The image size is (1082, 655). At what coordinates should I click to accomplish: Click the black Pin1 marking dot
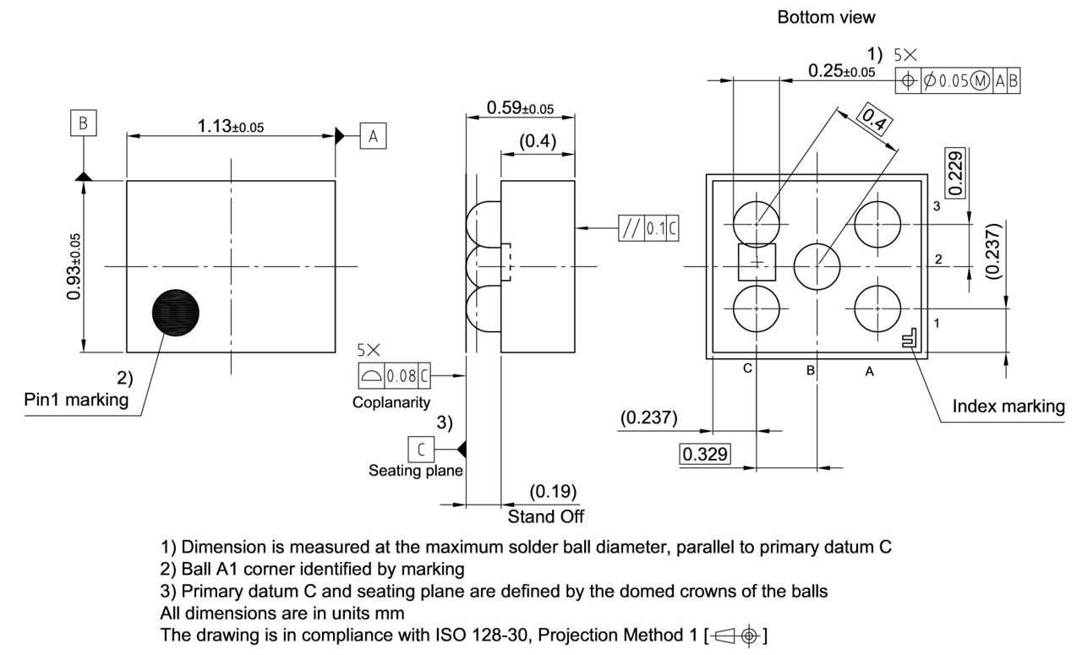pos(177,313)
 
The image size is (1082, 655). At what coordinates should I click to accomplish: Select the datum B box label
pos(83,123)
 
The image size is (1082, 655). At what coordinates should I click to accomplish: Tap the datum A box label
pos(373,135)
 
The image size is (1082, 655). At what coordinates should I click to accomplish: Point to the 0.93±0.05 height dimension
pos(74,265)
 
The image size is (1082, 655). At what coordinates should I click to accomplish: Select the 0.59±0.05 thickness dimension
pos(520,107)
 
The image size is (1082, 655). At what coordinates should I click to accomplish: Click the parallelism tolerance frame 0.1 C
pos(648,228)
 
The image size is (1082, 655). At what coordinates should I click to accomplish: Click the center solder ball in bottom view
pos(817,265)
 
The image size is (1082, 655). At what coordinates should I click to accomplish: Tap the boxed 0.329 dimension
pos(704,455)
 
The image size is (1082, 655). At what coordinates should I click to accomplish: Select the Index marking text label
pos(1008,406)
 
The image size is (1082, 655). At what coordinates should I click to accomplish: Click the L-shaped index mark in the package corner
pos(910,339)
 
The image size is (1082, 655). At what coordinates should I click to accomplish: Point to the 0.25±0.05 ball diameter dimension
pos(841,71)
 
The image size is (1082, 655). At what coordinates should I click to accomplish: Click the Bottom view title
pos(826,17)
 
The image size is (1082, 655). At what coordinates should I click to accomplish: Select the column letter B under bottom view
pos(810,369)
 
